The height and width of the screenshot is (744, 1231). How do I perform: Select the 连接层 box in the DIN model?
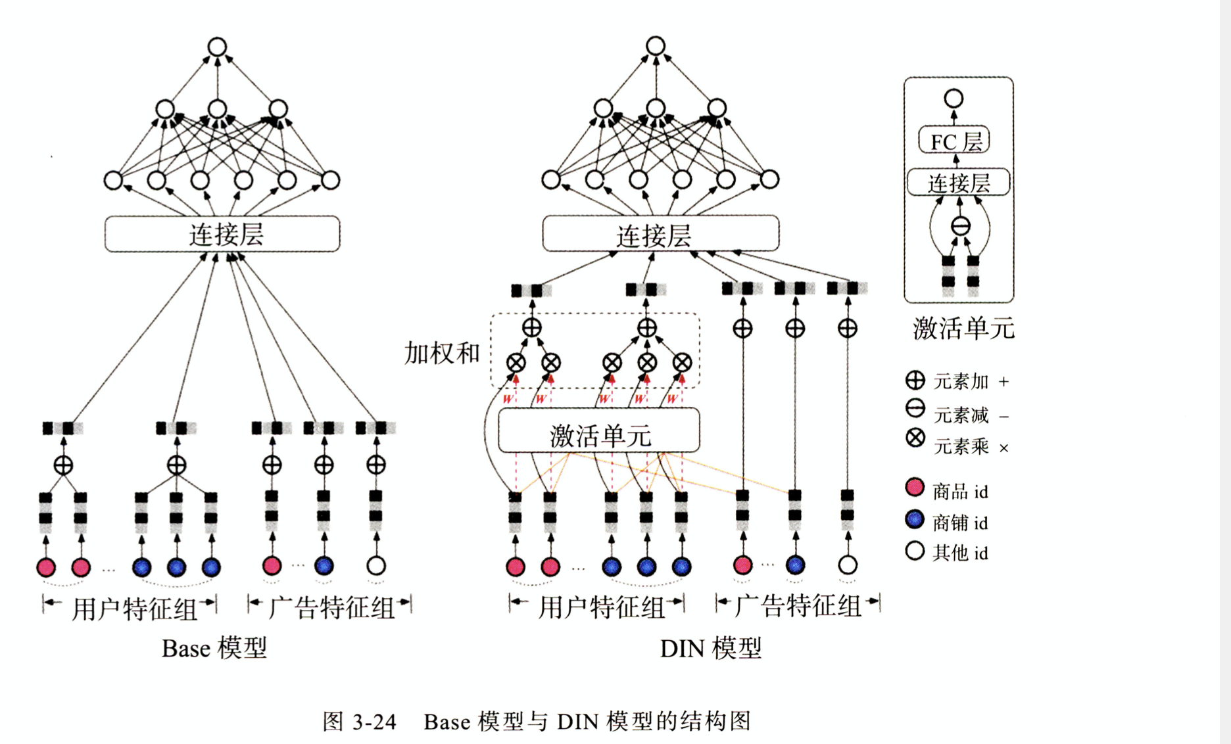660,234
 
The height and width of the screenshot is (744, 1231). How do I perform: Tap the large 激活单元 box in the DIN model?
598,431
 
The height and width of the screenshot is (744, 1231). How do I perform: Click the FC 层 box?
954,140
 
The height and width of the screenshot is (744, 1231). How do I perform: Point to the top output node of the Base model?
218,47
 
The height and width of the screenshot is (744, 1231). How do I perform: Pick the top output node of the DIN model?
656,46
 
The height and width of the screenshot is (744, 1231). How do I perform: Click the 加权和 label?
442,354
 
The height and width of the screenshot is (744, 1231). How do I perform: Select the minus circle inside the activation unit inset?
961,227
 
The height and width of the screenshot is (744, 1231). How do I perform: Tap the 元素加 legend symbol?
915,380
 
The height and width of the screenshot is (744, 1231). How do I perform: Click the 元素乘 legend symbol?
915,438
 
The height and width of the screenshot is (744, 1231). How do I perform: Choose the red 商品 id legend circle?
915,487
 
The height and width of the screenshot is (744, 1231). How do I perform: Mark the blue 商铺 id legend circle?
915,519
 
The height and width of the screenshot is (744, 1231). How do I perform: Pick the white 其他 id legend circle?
915,551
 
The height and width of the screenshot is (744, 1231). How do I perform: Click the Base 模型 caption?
214,649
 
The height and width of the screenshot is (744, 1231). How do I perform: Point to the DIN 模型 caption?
710,649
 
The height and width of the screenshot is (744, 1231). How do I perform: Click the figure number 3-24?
374,722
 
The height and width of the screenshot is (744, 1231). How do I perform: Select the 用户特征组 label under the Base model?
135,608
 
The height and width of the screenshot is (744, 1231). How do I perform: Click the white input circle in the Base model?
376,565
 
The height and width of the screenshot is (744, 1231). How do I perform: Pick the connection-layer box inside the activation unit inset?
958,183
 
